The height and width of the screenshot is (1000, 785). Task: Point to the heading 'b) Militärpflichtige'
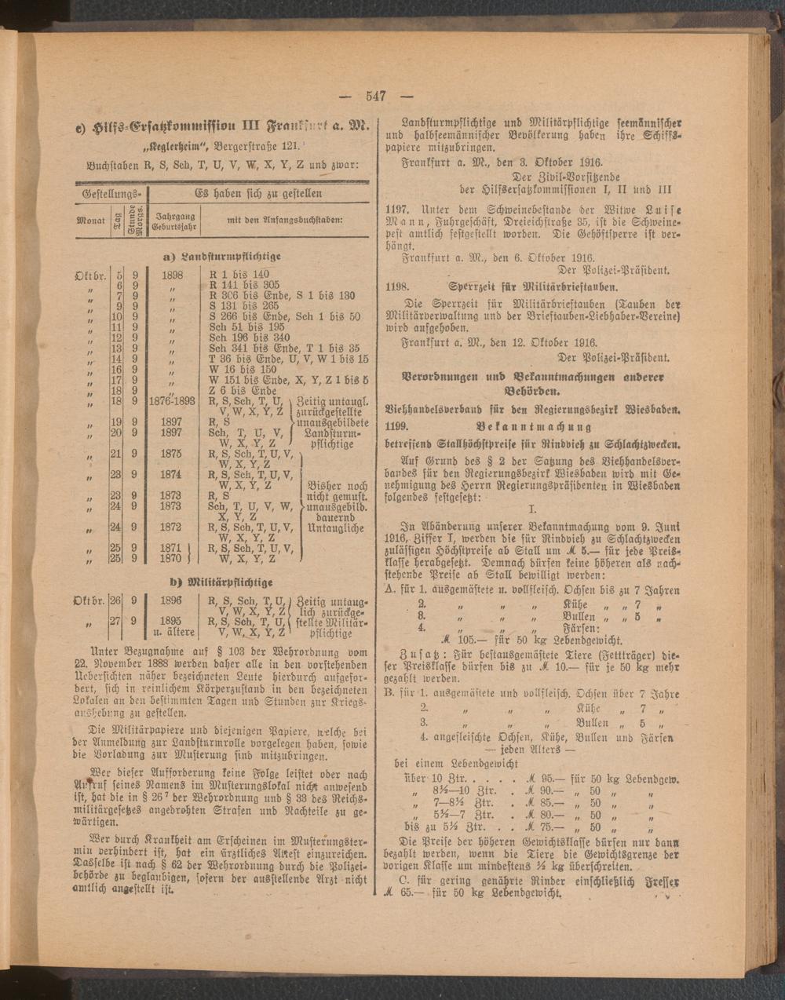point(221,582)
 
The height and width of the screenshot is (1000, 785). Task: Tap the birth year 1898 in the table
point(171,276)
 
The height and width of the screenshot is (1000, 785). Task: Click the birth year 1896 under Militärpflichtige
point(171,601)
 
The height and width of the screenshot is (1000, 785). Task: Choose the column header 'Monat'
point(90,221)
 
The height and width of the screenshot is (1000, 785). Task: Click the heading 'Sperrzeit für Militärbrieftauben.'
point(530,286)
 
